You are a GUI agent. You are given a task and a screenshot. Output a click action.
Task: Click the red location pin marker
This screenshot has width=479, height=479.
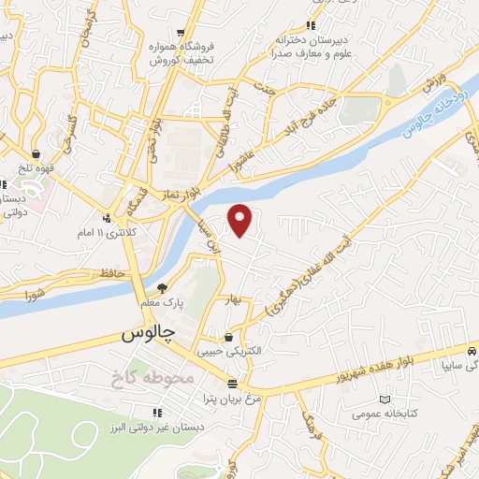(241, 219)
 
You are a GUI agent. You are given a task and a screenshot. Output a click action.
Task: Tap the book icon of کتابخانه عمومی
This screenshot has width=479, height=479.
(383, 399)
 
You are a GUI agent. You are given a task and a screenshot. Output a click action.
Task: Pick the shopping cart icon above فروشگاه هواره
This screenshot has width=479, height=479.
(180, 31)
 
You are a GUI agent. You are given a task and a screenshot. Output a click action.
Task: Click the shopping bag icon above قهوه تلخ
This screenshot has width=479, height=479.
(36, 153)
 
